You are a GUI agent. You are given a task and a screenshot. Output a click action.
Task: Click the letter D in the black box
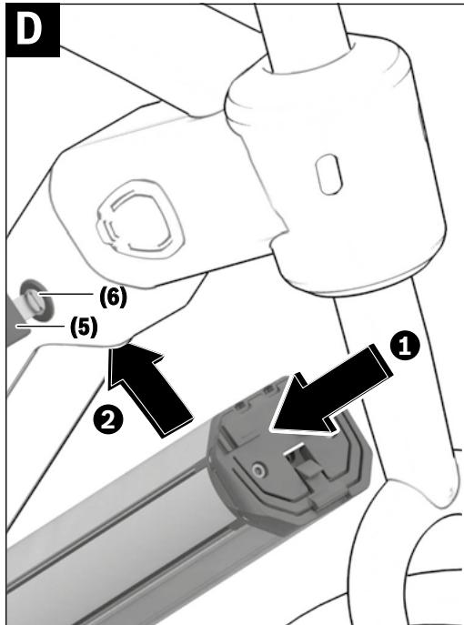click(x=29, y=29)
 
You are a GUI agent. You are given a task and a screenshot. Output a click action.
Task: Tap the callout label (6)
click(x=113, y=297)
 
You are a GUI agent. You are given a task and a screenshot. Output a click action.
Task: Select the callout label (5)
click(x=84, y=327)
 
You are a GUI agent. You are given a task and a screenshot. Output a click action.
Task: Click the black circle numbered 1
click(x=405, y=345)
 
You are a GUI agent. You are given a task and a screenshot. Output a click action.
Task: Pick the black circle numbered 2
click(x=107, y=419)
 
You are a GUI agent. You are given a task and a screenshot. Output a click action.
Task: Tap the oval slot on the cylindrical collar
click(x=328, y=175)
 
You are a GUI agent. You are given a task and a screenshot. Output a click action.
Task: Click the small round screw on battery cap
click(x=259, y=471)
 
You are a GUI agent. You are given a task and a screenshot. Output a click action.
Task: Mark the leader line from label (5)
click(x=40, y=327)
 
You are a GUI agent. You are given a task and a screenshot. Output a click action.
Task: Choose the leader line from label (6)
click(x=66, y=294)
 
